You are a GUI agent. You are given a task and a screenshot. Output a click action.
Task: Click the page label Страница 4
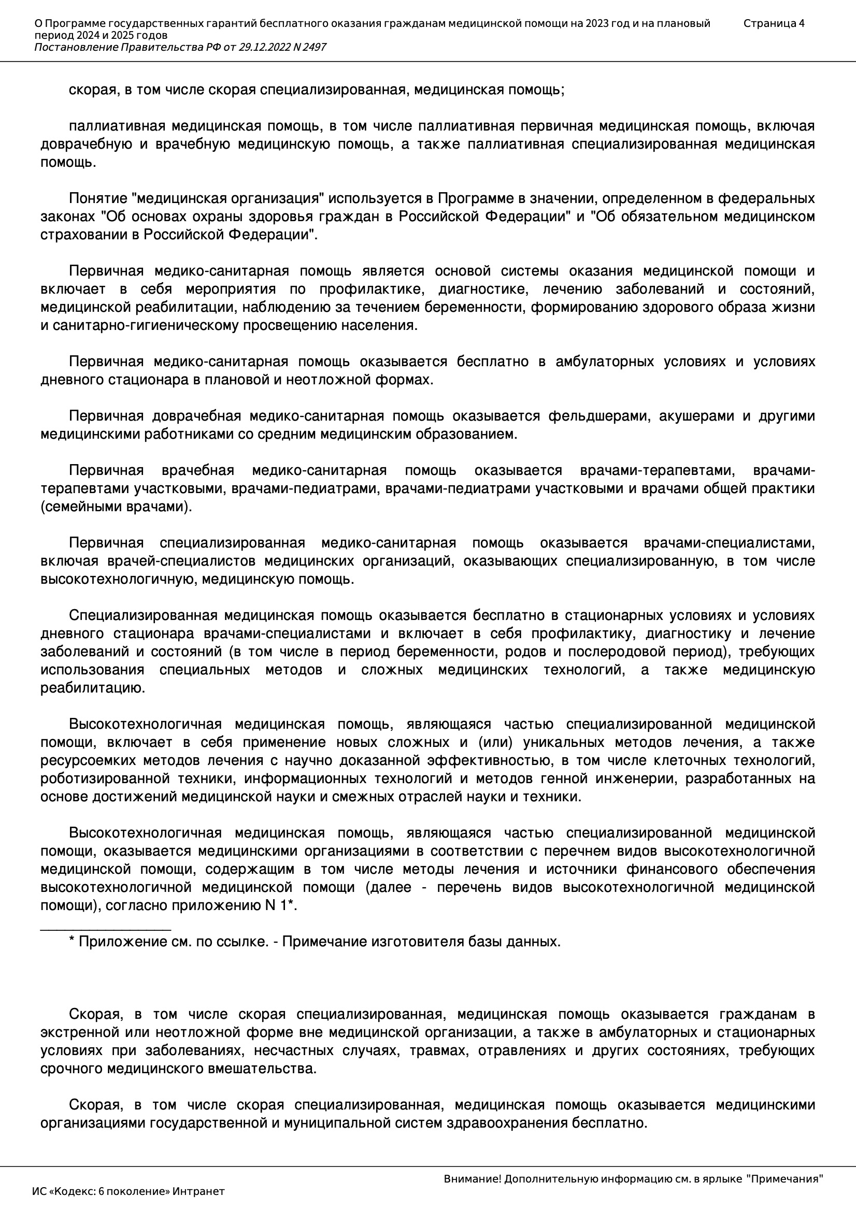(774, 23)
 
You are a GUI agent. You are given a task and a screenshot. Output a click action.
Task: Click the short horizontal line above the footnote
(106, 930)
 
